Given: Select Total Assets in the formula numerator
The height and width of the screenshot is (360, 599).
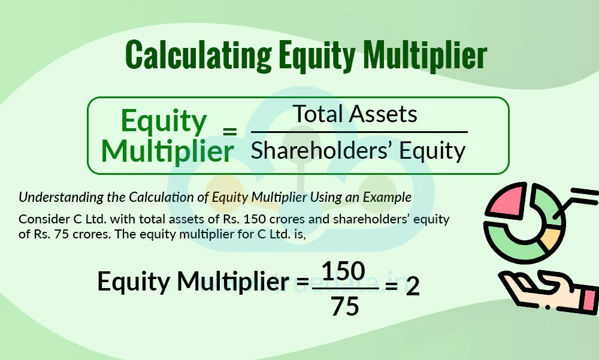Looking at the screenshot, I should (x=355, y=114).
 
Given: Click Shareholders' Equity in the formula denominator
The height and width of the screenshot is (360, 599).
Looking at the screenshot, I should (x=358, y=151).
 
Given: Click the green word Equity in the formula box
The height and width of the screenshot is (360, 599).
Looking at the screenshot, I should (x=164, y=122).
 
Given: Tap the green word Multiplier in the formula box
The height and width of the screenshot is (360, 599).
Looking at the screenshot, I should (x=167, y=152).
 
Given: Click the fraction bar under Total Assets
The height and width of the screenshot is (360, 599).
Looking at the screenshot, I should (x=359, y=132).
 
